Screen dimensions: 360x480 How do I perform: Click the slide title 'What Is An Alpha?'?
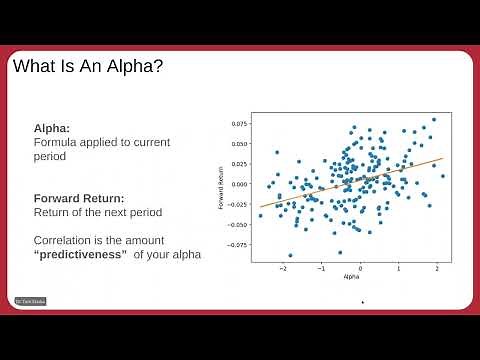(88, 68)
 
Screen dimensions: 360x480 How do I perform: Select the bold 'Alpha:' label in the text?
(52, 129)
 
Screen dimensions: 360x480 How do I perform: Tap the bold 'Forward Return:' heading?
(83, 197)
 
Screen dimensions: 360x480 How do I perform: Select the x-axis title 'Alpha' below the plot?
(351, 276)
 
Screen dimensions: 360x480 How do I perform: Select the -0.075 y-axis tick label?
(236, 243)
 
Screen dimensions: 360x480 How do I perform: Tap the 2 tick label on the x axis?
(437, 268)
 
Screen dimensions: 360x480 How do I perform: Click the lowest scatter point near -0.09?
(291, 255)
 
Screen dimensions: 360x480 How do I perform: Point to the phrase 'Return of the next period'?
(98, 212)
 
